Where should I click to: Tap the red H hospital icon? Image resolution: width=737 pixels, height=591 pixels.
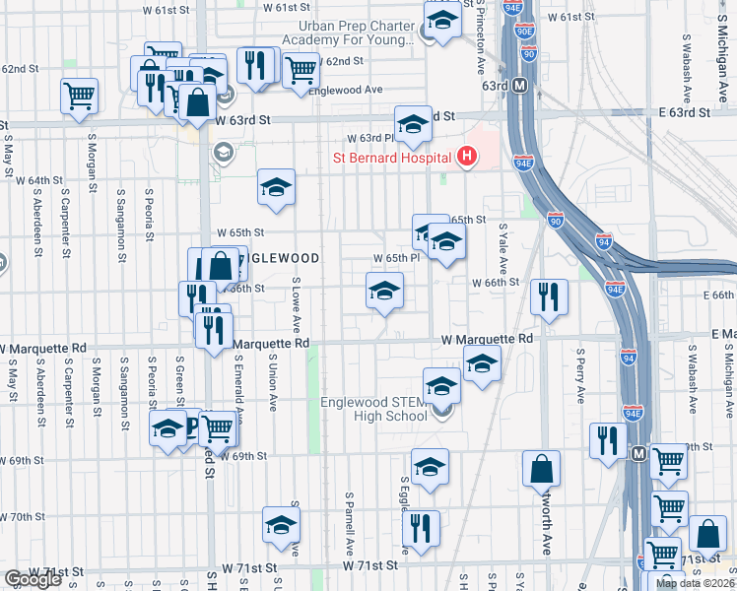click(466, 156)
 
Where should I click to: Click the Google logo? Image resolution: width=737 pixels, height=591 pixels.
click(33, 579)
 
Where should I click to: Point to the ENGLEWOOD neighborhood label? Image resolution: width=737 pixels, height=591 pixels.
click(282, 258)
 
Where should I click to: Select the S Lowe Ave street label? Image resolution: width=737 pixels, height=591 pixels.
click(296, 304)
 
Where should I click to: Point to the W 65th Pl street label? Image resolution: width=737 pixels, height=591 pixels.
click(396, 258)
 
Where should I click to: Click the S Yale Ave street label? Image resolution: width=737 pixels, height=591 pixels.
click(502, 247)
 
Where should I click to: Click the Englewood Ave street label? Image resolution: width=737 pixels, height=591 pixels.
click(345, 90)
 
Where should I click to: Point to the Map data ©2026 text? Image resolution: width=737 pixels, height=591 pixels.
click(694, 583)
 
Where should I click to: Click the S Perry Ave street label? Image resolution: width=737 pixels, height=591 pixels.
click(581, 375)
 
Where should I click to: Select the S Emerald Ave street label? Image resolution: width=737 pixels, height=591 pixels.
click(238, 392)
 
